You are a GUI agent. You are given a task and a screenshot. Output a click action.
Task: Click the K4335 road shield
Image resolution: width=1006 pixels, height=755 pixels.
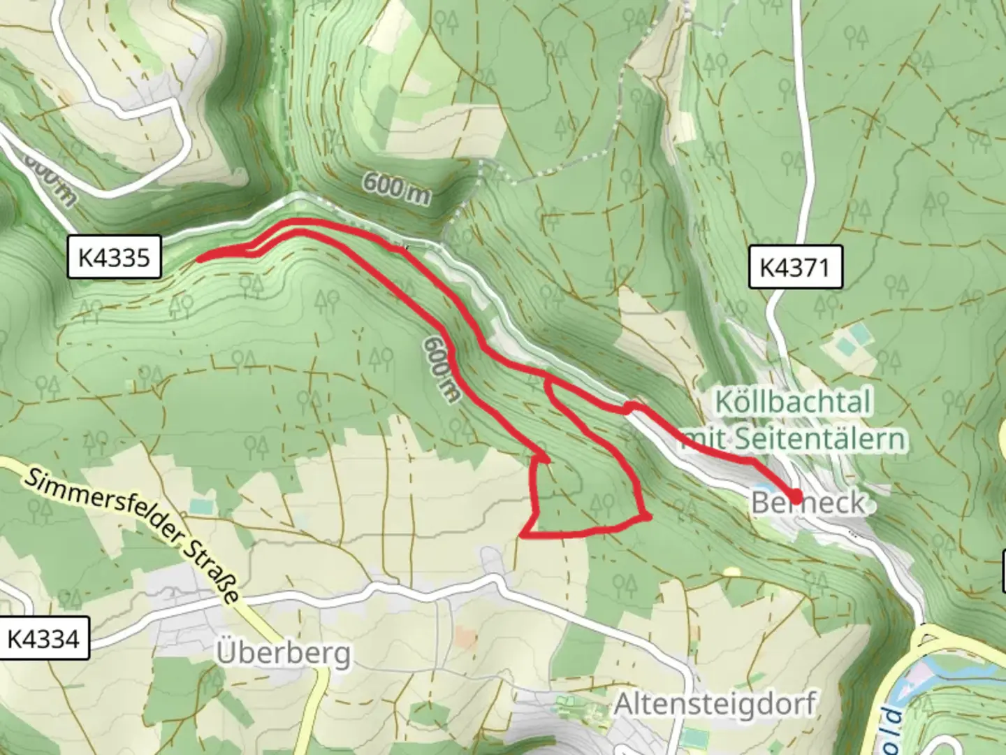click(115, 257)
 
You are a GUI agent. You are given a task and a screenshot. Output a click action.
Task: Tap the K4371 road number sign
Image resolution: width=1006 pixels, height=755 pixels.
click(795, 266)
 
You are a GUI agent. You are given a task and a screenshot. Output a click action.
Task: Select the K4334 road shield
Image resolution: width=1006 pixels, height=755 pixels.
click(43, 638)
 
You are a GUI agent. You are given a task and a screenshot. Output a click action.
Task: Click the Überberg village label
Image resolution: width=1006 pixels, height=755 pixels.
click(283, 654)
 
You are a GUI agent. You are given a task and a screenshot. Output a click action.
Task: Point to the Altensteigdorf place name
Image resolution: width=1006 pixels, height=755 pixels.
click(714, 703)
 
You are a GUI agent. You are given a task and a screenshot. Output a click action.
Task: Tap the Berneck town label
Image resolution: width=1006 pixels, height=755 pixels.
click(808, 503)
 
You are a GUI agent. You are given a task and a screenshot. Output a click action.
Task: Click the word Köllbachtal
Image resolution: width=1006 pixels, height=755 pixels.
click(793, 402)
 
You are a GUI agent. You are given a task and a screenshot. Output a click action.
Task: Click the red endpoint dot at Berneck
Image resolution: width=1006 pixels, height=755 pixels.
click(795, 495)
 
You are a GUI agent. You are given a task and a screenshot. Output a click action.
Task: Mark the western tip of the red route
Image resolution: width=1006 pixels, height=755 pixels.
click(200, 259)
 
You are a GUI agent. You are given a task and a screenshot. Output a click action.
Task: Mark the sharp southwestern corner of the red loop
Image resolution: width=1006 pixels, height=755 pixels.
click(523, 536)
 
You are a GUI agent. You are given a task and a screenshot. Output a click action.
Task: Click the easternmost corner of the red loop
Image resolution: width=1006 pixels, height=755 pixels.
click(650, 517)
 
